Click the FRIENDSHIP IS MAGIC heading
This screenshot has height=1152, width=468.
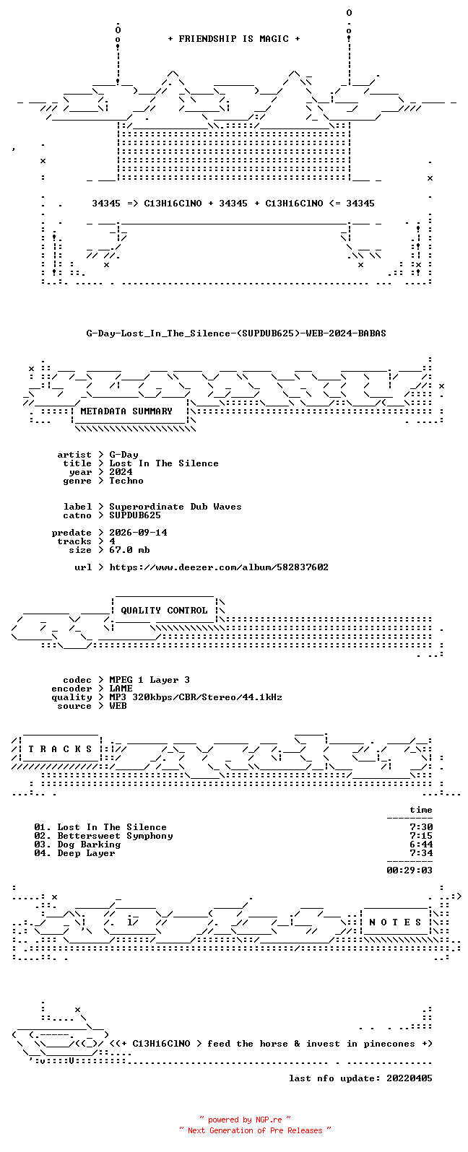click(x=234, y=39)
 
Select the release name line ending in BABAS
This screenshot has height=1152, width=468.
click(x=235, y=333)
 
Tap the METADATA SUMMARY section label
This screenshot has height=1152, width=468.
click(x=126, y=411)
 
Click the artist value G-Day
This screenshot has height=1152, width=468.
click(x=123, y=455)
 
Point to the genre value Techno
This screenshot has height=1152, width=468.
click(x=126, y=481)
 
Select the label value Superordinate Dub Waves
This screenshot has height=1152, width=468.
click(x=175, y=507)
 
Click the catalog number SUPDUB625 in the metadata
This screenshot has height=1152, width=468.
click(x=135, y=515)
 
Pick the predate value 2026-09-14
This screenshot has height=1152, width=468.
click(x=138, y=533)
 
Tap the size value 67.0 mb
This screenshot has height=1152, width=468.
click(x=129, y=550)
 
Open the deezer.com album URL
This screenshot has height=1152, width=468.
click(x=219, y=567)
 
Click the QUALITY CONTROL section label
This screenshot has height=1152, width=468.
click(x=164, y=611)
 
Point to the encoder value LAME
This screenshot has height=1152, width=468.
click(x=121, y=689)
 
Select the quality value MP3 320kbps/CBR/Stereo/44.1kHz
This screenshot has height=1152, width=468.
click(x=196, y=697)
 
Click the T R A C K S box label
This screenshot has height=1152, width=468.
click(x=60, y=749)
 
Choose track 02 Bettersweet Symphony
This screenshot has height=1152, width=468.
click(x=103, y=837)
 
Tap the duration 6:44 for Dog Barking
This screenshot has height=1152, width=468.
click(x=421, y=845)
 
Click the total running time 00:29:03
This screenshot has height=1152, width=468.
click(x=409, y=870)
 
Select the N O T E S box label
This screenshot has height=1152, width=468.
click(x=395, y=922)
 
